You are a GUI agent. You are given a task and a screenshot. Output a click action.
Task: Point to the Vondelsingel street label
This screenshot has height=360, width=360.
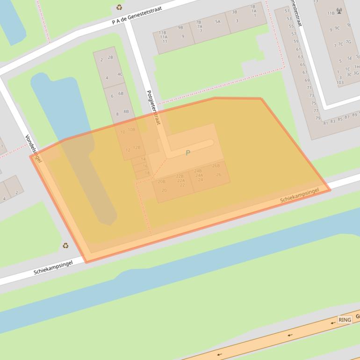click(34, 148)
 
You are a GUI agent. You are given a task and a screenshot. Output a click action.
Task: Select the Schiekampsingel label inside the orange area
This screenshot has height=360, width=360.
click(299, 195)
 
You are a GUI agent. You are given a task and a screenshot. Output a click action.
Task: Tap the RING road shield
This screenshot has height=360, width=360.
click(345, 320)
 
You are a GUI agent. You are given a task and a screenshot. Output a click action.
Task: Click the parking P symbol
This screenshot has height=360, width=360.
click(188, 153)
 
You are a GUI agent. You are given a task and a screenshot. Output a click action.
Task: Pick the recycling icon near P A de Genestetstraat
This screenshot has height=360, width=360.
click(119, 7)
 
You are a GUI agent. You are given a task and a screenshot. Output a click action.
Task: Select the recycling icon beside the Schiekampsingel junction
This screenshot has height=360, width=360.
click(65, 245)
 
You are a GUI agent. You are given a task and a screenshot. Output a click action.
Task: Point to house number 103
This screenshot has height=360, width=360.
click(340, 83)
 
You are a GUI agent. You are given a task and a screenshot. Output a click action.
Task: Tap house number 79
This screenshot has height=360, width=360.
click(317, 118)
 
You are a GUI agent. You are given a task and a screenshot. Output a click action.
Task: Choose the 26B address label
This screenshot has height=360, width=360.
click(216, 166)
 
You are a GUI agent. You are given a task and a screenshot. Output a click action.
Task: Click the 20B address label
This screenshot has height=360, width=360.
click(162, 182)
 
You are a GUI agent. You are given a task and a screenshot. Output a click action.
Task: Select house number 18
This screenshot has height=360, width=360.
click(147, 173)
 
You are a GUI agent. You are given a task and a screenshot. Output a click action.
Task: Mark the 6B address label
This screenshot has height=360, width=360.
click(121, 94)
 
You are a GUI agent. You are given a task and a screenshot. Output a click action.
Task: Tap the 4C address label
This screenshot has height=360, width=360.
click(120, 74)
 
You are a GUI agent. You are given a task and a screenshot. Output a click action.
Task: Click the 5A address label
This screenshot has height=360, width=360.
click(218, 22)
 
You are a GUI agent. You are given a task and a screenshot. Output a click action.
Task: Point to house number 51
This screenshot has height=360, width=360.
click(287, 11)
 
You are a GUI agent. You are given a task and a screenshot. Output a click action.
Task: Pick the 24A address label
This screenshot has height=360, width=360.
click(199, 175)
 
